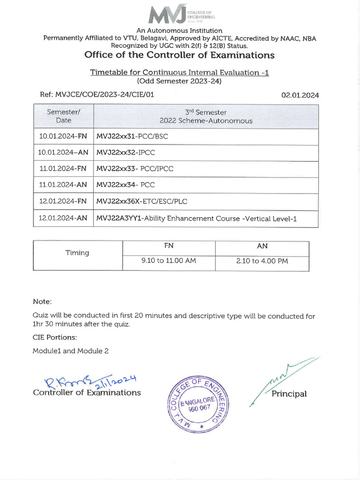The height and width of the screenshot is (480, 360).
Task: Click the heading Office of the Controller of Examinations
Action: [179, 55]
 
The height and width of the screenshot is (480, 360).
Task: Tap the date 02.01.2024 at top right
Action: [300, 95]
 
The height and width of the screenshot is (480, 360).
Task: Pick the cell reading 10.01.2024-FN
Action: [64, 136]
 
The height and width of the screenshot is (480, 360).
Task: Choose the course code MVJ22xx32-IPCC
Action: [126, 153]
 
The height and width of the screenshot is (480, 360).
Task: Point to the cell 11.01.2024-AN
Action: [64, 185]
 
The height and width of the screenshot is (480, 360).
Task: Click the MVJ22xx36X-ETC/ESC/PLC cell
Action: [140, 202]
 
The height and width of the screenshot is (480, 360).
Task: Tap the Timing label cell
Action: [77, 253]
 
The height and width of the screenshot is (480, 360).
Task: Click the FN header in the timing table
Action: [168, 245]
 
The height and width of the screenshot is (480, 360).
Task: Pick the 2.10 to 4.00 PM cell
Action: [262, 261]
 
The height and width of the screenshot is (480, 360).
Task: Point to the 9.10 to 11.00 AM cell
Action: [168, 261]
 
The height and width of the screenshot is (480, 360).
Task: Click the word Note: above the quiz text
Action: [42, 301]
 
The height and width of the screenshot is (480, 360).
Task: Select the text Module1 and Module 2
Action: [70, 351]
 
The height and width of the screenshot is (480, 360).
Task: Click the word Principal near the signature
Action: [289, 394]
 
